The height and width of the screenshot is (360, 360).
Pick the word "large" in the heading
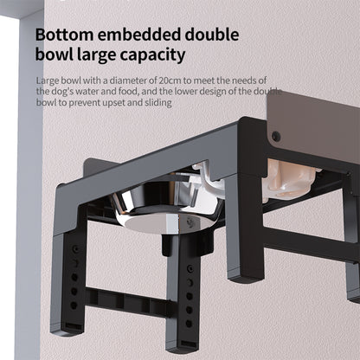pos(100,56)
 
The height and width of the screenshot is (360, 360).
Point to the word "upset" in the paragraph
pos(111,102)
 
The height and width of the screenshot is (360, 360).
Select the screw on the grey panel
pos(277,136)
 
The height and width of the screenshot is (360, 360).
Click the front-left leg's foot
pos(64,330)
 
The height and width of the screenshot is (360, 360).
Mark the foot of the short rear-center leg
pos(243,275)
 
